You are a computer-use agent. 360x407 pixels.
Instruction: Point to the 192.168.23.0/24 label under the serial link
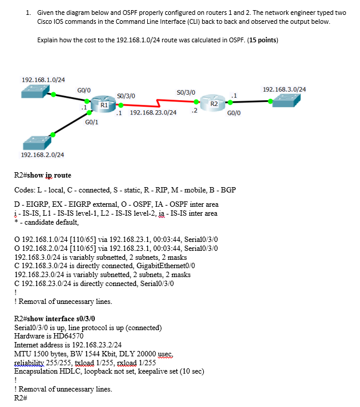coord(153,112)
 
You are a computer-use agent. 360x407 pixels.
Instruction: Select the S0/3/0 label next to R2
coord(186,92)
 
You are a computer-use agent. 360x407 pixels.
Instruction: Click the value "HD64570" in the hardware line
coord(59,336)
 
